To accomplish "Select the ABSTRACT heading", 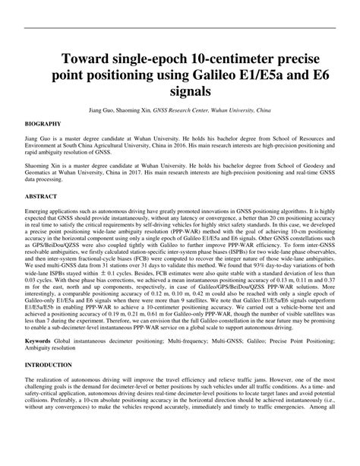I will (43, 195).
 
